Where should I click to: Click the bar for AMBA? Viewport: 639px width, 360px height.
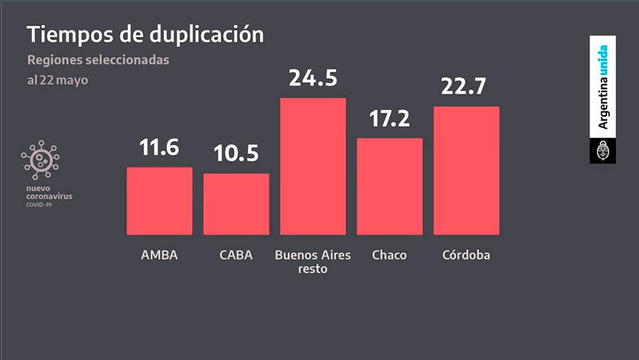(159, 201)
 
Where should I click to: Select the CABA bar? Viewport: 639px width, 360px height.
(236, 204)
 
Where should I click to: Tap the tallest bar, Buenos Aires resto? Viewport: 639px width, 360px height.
(312, 166)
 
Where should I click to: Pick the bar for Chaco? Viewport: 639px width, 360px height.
(389, 186)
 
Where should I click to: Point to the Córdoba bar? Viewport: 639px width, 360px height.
(466, 170)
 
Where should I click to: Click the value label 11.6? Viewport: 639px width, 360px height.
(159, 148)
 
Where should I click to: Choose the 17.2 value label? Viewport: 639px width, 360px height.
(389, 119)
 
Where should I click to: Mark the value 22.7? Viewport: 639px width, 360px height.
(466, 87)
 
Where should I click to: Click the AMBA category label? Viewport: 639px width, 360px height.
(159, 255)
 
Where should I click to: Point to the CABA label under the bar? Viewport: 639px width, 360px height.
(236, 255)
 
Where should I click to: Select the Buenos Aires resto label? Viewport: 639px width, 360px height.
(312, 261)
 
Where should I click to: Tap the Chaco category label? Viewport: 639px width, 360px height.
(389, 255)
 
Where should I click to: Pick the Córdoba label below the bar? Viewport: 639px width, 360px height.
(466, 255)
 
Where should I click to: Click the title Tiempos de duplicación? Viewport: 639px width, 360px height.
(145, 34)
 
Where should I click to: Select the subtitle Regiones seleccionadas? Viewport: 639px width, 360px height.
(98, 60)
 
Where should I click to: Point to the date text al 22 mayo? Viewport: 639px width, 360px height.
(58, 80)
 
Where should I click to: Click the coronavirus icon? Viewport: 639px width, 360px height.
(40, 160)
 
